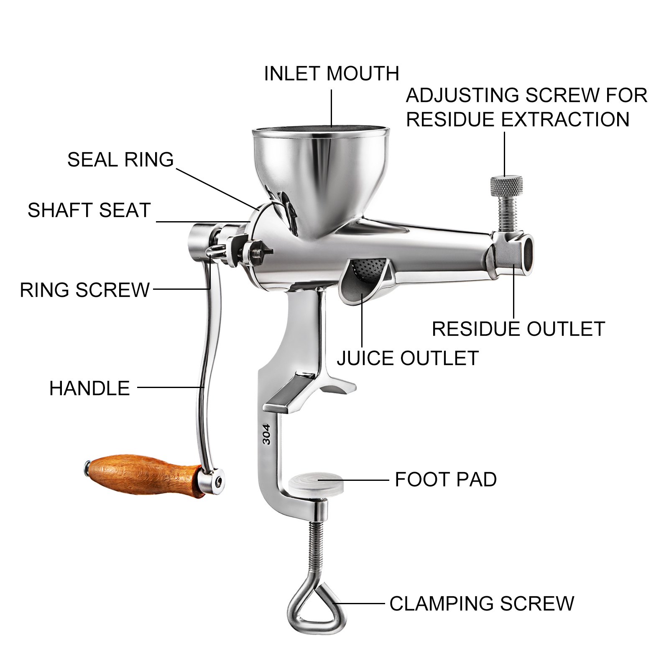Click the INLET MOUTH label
pos(332,74)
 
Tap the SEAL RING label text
pos(120,159)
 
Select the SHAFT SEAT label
pos(89,210)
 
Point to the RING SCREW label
pos(85,290)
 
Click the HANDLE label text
pos(89,388)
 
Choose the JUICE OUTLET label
pos(408,358)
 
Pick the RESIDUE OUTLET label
pos(518,329)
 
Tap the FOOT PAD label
pos(446,479)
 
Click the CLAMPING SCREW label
pos(482,603)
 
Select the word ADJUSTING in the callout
pos(463,95)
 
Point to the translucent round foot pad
pos(316,482)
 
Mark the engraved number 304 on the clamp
pos(266,434)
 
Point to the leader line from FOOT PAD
pos(353,480)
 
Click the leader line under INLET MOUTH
pos(332,108)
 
